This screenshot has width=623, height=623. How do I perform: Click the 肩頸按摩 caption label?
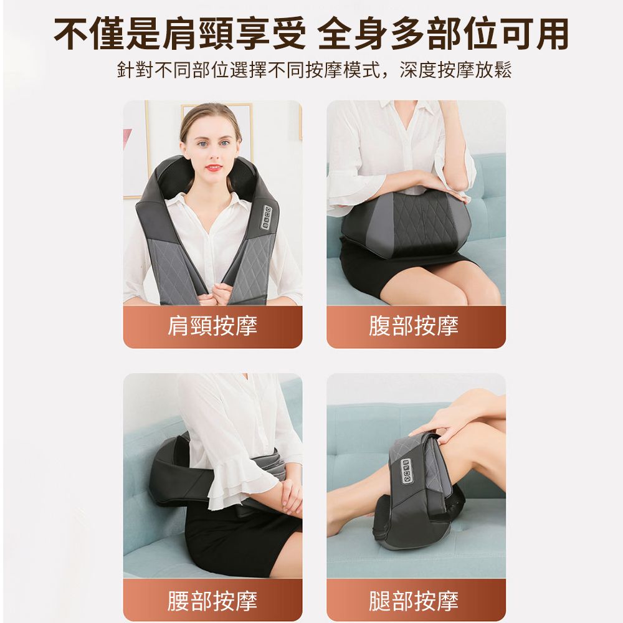pos(212,326)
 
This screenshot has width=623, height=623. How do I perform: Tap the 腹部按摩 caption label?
pos(414,326)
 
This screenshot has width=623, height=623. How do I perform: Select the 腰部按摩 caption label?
pos(212,601)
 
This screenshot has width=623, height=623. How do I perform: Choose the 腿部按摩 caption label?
pos(414,601)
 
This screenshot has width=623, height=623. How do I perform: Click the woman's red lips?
pos(213,168)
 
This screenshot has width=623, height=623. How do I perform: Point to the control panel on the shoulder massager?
pos(267,217)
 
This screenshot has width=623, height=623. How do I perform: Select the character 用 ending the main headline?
pos(553,34)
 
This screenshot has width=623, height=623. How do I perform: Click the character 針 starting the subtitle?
pos(126,70)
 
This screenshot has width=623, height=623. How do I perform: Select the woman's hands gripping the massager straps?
pos(212,294)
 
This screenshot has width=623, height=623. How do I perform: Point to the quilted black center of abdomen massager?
pos(422,224)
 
